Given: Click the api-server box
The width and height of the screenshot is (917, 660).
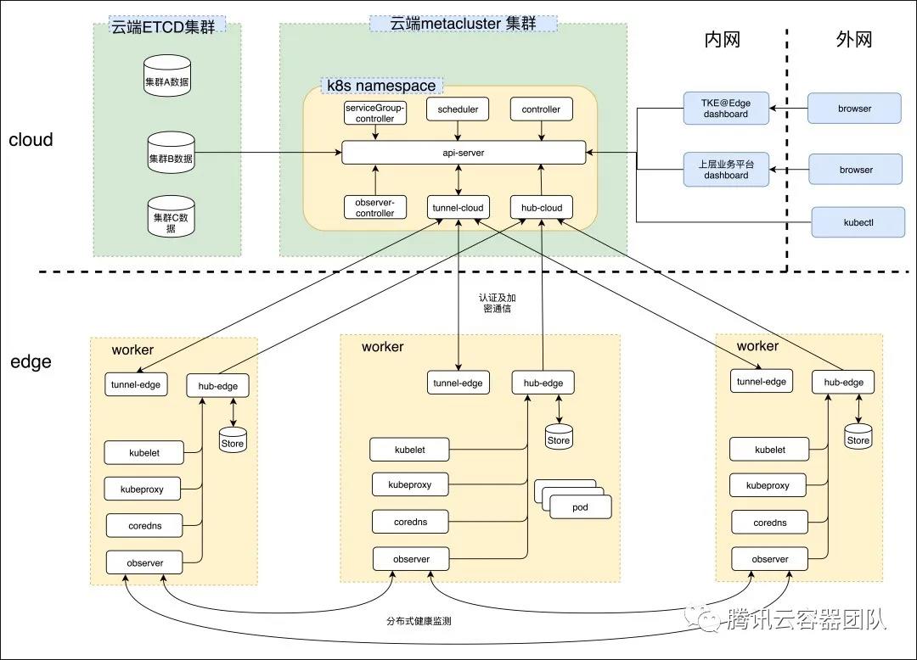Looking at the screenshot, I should pyautogui.click(x=464, y=153).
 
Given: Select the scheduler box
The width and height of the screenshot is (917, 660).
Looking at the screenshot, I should pyautogui.click(x=458, y=109).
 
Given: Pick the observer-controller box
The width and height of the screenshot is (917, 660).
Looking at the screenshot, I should pyautogui.click(x=374, y=207).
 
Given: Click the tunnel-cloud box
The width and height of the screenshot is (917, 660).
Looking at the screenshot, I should pyautogui.click(x=458, y=208).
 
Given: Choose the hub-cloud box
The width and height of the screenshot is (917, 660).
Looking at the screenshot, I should pyautogui.click(x=541, y=208).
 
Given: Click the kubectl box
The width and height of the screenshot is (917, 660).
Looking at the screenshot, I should pyautogui.click(x=858, y=222).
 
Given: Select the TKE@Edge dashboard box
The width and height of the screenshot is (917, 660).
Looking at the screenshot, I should pyautogui.click(x=725, y=109).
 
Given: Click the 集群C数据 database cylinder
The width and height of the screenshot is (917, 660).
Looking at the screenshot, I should pyautogui.click(x=172, y=217).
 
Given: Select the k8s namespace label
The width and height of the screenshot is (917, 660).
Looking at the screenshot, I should pyautogui.click(x=381, y=86).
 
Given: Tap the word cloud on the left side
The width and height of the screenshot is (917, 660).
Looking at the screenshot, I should pyautogui.click(x=31, y=140).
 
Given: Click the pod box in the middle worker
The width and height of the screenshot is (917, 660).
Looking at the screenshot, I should pyautogui.click(x=580, y=507).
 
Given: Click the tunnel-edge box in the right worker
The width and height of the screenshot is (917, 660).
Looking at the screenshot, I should pyautogui.click(x=762, y=382).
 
